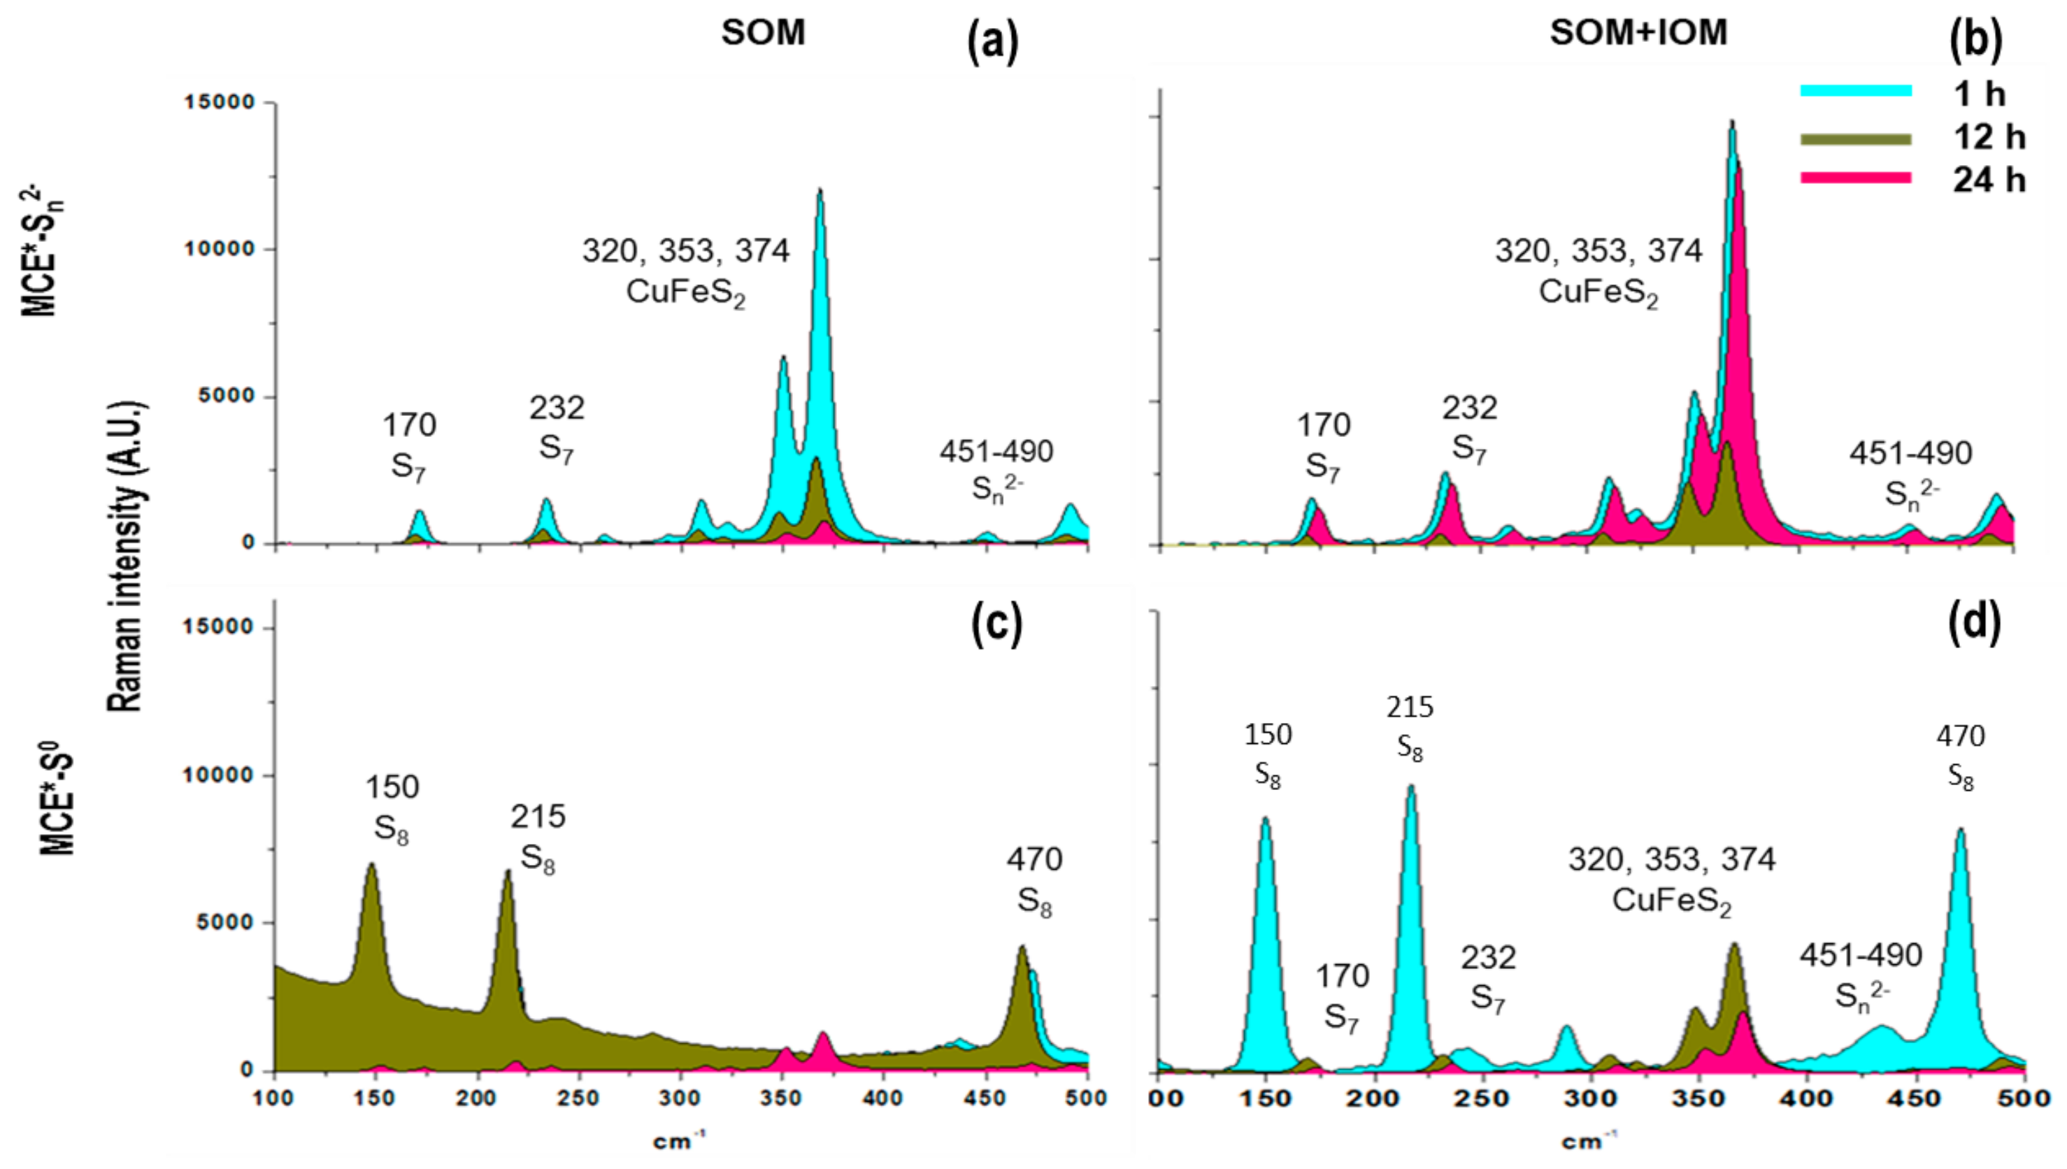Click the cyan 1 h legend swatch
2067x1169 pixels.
pyautogui.click(x=1855, y=91)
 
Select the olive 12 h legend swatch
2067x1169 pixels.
pyautogui.click(x=1855, y=139)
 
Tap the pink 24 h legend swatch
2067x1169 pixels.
pyautogui.click(x=1855, y=178)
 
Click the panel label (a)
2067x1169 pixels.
pyautogui.click(x=992, y=42)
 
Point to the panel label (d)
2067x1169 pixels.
pyautogui.click(x=1975, y=622)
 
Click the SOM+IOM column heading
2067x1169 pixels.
pyautogui.click(x=1638, y=33)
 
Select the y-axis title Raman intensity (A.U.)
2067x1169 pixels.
pyautogui.click(x=126, y=556)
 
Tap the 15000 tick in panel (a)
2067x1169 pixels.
pyautogui.click(x=219, y=102)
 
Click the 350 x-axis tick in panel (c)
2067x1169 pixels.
pyautogui.click(x=782, y=1097)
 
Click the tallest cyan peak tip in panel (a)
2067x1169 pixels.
pyautogui.click(x=820, y=190)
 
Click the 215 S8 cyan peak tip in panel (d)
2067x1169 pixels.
pyautogui.click(x=1410, y=787)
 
